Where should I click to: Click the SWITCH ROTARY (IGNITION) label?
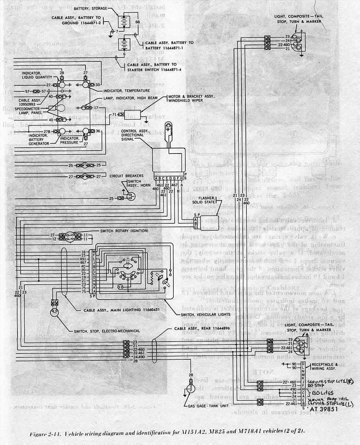[x=124, y=231]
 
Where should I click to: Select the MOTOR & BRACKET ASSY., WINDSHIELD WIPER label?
[x=186, y=99]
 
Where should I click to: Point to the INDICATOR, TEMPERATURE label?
[x=127, y=91]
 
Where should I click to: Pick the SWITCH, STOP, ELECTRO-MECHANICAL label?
[x=107, y=331]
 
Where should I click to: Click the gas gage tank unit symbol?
[x=191, y=388]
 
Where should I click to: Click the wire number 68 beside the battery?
[x=138, y=22]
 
